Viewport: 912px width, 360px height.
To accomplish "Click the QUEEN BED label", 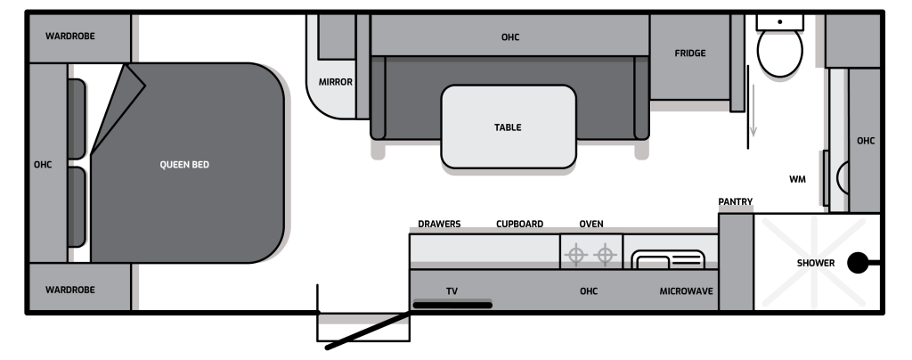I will click(184, 165).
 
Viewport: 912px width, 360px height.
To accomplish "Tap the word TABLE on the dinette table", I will click(508, 127).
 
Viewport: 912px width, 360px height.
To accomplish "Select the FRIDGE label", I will click(690, 53).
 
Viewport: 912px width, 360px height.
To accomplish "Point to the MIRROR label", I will click(336, 82).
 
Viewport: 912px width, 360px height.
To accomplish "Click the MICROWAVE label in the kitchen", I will click(687, 291).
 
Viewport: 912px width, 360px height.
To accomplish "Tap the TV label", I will click(452, 291).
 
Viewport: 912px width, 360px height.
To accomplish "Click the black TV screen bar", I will click(452, 305).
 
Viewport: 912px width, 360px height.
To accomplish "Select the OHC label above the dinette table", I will click(510, 37).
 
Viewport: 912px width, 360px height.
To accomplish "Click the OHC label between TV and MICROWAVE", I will click(588, 291).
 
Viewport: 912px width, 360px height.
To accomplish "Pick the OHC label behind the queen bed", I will click(43, 165).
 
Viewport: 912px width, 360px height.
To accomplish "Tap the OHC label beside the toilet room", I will click(865, 141).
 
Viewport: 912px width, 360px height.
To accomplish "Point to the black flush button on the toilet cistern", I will click(779, 20).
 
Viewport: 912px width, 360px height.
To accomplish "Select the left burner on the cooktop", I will click(576, 256).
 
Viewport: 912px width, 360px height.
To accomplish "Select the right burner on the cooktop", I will click(606, 256).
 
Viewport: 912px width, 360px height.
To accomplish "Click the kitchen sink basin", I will click(668, 260).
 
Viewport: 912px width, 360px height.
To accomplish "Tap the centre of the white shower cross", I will click(812, 263).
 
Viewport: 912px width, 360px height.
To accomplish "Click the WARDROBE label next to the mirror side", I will click(70, 36).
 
